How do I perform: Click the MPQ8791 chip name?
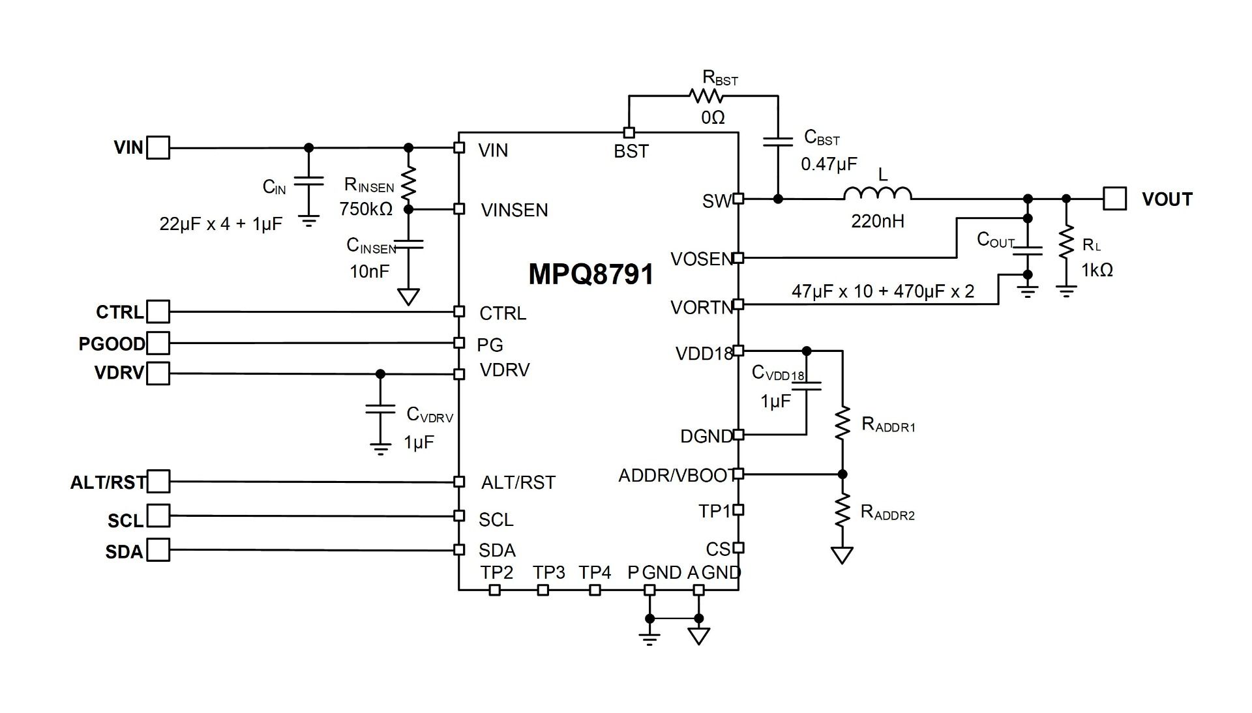[x=591, y=274]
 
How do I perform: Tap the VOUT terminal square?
[x=1114, y=199]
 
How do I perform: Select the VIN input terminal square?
[x=158, y=148]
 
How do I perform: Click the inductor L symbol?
[x=878, y=193]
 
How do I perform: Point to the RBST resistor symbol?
[x=706, y=96]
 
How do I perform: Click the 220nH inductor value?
[x=878, y=222]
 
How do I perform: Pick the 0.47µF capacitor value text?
[x=829, y=164]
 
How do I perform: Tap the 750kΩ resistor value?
[x=366, y=209]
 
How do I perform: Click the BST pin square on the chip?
[x=629, y=133]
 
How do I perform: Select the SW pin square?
[x=738, y=199]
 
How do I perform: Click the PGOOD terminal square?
[x=158, y=343]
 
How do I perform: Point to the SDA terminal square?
[x=158, y=550]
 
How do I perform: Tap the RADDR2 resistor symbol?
[x=842, y=510]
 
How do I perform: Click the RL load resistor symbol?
[x=1066, y=242]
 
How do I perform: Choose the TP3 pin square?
[x=543, y=590]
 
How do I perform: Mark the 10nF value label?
[x=370, y=272]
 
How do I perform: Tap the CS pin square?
[x=738, y=548]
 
